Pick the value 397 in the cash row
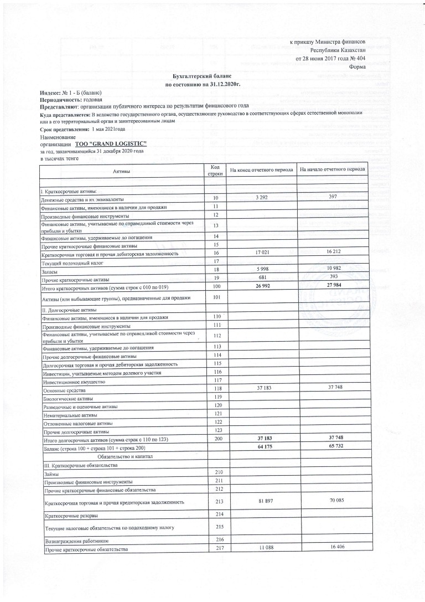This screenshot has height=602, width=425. pos(332,198)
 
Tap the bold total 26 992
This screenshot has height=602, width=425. pos(266,286)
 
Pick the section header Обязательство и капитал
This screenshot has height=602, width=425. pos(130,456)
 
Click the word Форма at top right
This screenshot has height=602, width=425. pos(357,67)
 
